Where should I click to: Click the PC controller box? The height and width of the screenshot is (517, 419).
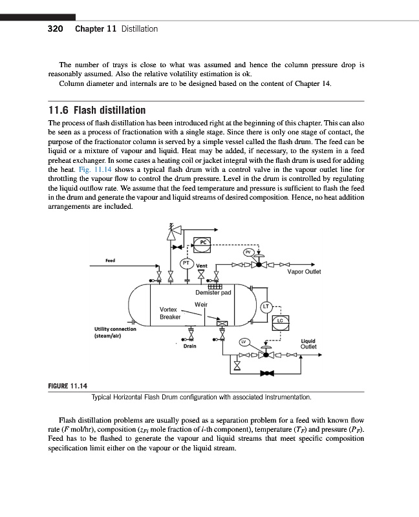(203, 242)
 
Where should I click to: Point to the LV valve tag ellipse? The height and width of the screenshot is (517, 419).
(244, 341)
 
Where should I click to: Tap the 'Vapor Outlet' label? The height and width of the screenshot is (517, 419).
(303, 271)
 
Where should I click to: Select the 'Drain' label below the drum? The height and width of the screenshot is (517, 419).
(189, 346)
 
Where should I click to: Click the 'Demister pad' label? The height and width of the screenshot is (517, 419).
(213, 293)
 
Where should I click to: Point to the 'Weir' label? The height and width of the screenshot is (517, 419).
(200, 304)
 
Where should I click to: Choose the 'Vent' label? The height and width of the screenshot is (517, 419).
(201, 266)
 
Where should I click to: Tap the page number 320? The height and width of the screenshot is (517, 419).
(55, 28)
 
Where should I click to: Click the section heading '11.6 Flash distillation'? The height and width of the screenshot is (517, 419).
(97, 110)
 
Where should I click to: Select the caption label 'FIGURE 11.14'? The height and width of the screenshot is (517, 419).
(68, 386)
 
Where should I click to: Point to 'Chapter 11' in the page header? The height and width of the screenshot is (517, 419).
(96, 28)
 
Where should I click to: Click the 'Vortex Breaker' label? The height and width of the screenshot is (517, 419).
(169, 313)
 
